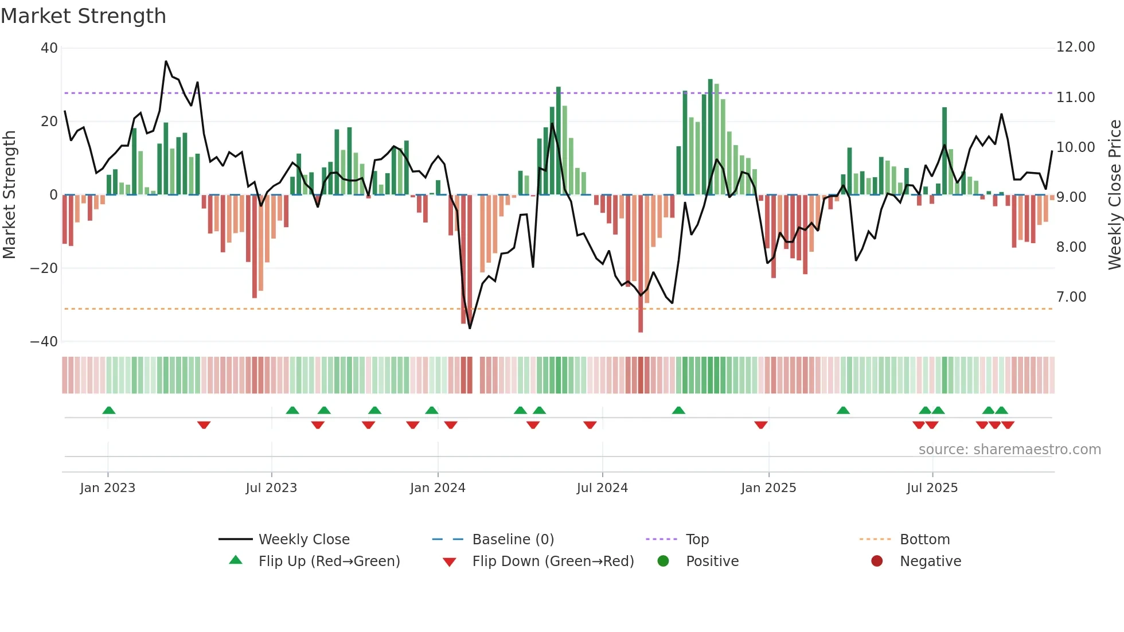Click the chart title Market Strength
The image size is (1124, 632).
[83, 16]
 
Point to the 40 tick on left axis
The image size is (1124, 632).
[49, 48]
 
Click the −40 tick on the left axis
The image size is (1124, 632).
[44, 342]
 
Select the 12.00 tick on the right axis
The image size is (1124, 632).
[1075, 47]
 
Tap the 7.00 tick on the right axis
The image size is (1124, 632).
[1071, 297]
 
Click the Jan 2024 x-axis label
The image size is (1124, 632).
[438, 488]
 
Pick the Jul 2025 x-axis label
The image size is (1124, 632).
[932, 488]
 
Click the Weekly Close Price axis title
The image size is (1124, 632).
[1114, 195]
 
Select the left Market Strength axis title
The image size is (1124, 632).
[10, 195]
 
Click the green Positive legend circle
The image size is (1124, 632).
[664, 561]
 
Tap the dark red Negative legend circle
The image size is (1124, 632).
[877, 561]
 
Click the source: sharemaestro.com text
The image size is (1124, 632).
[1009, 450]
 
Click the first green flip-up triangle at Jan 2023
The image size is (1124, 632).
[109, 410]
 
